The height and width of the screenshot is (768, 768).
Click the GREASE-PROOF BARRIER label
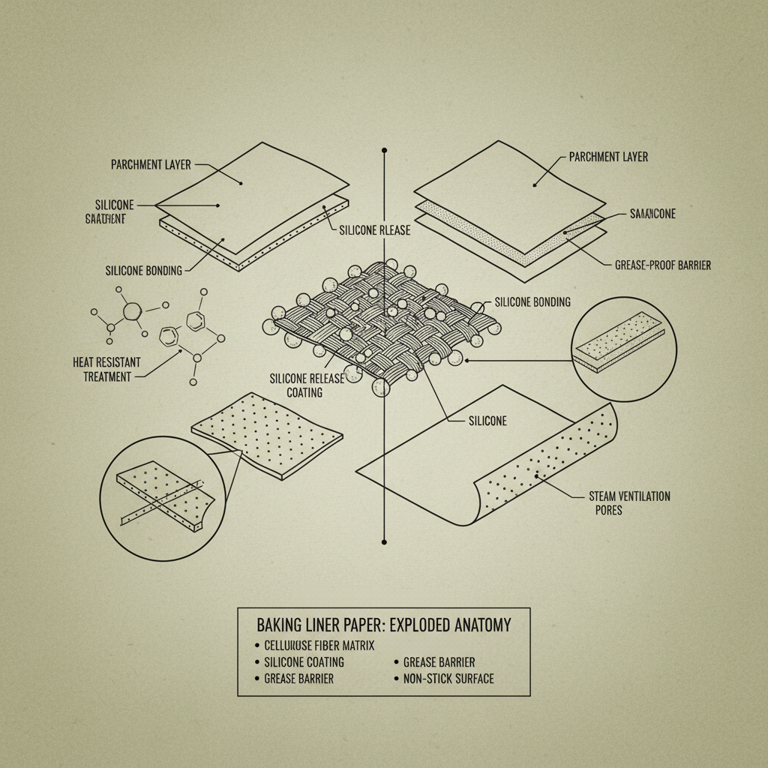point(662,265)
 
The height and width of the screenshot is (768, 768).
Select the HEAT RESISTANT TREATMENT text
point(106,369)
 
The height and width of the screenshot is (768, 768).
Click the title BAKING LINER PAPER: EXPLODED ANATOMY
point(383,625)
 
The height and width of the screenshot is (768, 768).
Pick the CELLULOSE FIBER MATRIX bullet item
point(319,645)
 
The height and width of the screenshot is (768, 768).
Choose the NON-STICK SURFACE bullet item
point(448,679)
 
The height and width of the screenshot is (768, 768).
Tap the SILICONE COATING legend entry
point(304,662)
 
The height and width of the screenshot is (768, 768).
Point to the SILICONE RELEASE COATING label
point(306,385)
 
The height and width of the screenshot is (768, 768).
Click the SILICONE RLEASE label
point(374,230)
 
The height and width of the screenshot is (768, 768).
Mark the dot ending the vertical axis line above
point(384,151)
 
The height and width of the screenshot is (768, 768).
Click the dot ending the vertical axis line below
point(384,541)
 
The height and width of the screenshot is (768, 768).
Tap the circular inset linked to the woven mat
point(624,349)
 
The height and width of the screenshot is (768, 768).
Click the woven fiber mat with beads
point(382,322)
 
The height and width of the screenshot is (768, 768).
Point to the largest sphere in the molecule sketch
point(132,311)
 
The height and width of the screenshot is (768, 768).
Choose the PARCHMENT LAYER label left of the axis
point(151,164)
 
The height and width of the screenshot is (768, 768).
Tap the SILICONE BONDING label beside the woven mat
point(532,302)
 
